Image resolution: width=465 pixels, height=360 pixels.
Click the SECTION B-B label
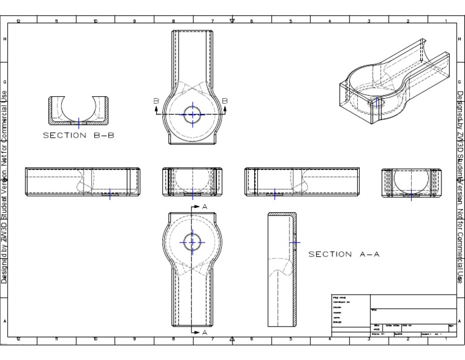pos(78,135)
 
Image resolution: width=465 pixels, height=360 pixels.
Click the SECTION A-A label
pos(344,255)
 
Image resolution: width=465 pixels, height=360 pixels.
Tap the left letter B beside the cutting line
pos(156,101)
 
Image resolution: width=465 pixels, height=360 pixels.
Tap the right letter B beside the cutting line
pos(225,101)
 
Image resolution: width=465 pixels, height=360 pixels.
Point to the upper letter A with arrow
pos(204,207)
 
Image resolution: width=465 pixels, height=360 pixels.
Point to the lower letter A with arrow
pos(204,333)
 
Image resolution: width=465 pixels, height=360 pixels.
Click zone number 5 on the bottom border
pos(291,340)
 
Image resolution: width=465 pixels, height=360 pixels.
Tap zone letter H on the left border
pos(5,39)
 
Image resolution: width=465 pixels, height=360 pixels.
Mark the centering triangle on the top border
pos(232,21)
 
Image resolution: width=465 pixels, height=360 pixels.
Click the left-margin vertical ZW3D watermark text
pos(5,182)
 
